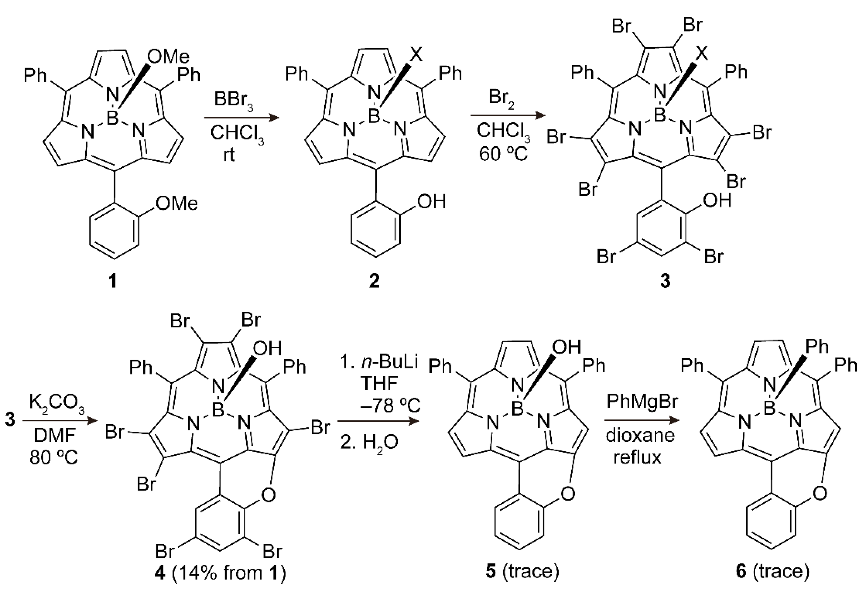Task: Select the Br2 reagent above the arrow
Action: click(x=501, y=98)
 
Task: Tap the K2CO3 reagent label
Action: click(x=56, y=404)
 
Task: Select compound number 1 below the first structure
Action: click(x=113, y=280)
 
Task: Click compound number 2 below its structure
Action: click(x=374, y=280)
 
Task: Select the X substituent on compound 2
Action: click(x=416, y=55)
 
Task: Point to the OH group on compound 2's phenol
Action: click(x=431, y=202)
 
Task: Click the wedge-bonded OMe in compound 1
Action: click(x=168, y=57)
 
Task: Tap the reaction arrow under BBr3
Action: click(x=241, y=118)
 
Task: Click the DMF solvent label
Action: click(x=55, y=435)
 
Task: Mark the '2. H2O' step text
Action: click(x=369, y=442)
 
